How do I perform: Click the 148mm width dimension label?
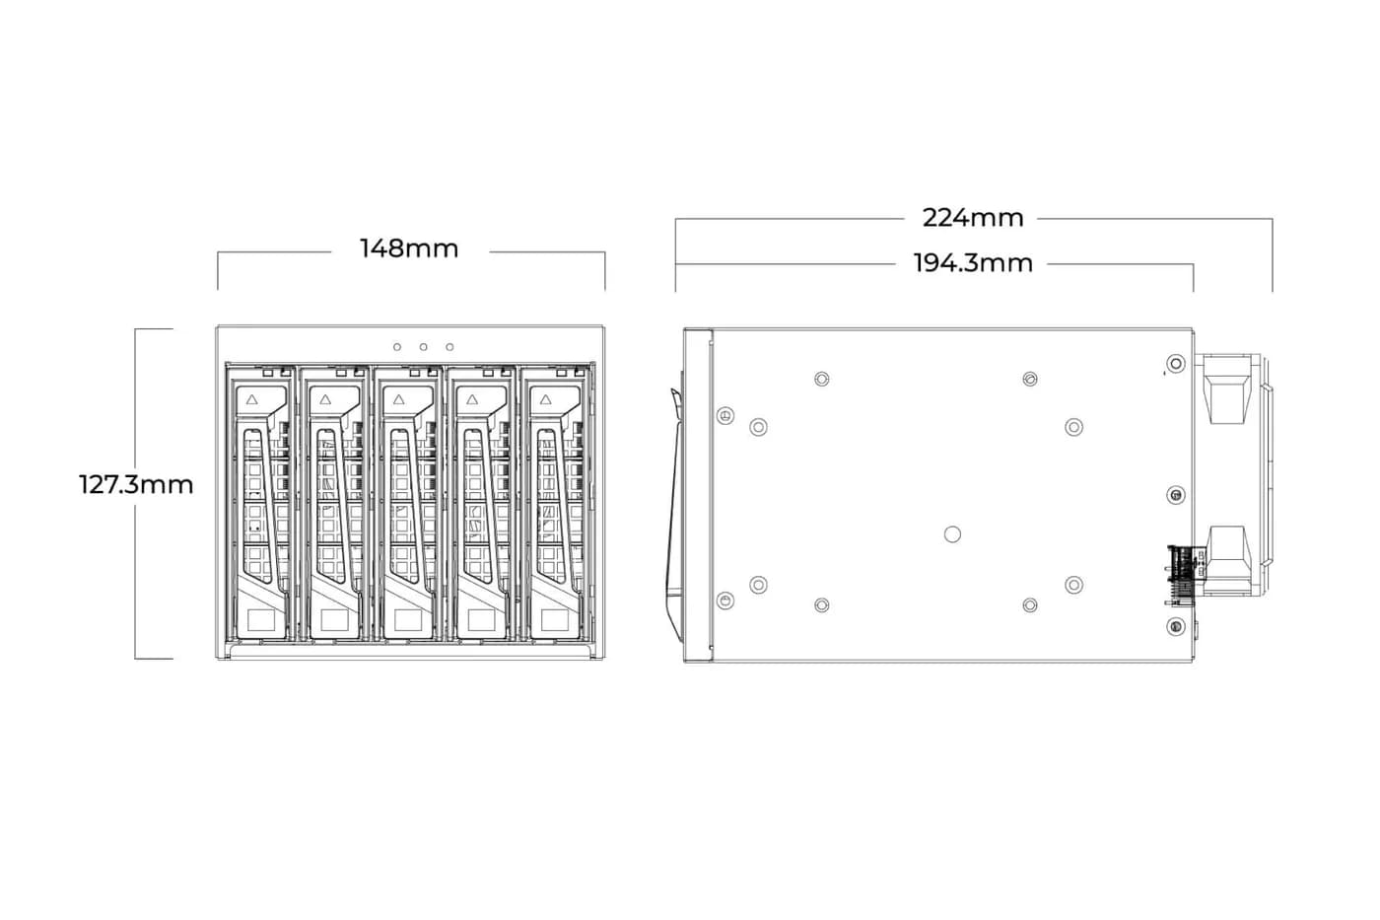point(409,248)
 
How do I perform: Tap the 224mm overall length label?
point(973,218)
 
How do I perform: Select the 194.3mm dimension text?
point(973,263)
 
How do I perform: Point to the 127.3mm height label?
point(136,485)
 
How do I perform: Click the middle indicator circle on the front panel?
point(423,347)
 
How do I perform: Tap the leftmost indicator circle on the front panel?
point(397,347)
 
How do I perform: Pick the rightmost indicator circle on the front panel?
point(449,347)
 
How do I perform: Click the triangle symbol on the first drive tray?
point(251,400)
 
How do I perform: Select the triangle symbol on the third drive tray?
point(398,400)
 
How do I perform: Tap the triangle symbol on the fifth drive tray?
point(545,400)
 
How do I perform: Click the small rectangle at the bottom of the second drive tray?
point(334,620)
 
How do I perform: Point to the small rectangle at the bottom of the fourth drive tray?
point(481,620)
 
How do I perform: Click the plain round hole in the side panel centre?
point(952,534)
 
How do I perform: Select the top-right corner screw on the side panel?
point(1176,364)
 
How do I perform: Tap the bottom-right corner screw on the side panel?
point(1176,627)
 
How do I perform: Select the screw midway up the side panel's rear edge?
point(1176,495)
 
